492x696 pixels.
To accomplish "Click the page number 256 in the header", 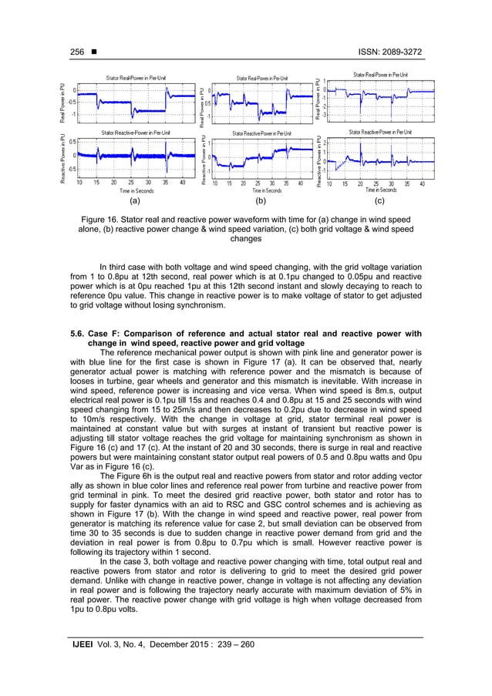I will click(x=76, y=52).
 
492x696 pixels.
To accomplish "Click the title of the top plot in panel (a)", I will click(x=141, y=79).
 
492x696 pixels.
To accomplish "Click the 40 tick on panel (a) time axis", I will click(x=182, y=183).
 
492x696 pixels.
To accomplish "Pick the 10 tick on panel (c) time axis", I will click(x=330, y=183).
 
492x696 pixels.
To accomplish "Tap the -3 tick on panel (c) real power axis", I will click(x=325, y=116).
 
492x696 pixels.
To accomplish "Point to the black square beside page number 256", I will click(x=93, y=52).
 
